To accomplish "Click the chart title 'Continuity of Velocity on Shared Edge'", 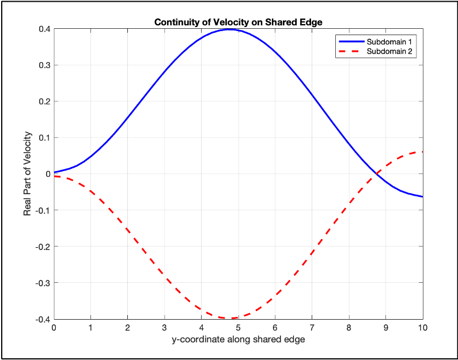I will pyautogui.click(x=238, y=22).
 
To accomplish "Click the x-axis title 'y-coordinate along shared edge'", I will pyautogui.click(x=238, y=339).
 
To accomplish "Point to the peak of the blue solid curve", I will pyautogui.click(x=229, y=29).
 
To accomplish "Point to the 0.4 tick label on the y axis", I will pyautogui.click(x=43, y=29).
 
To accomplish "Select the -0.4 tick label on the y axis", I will pyautogui.click(x=42, y=319).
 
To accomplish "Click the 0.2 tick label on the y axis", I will pyautogui.click(x=43, y=101).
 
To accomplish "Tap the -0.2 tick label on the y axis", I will pyautogui.click(x=42, y=247).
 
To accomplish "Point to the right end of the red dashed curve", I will pyautogui.click(x=422, y=151).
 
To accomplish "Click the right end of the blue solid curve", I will pyautogui.click(x=422, y=196).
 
